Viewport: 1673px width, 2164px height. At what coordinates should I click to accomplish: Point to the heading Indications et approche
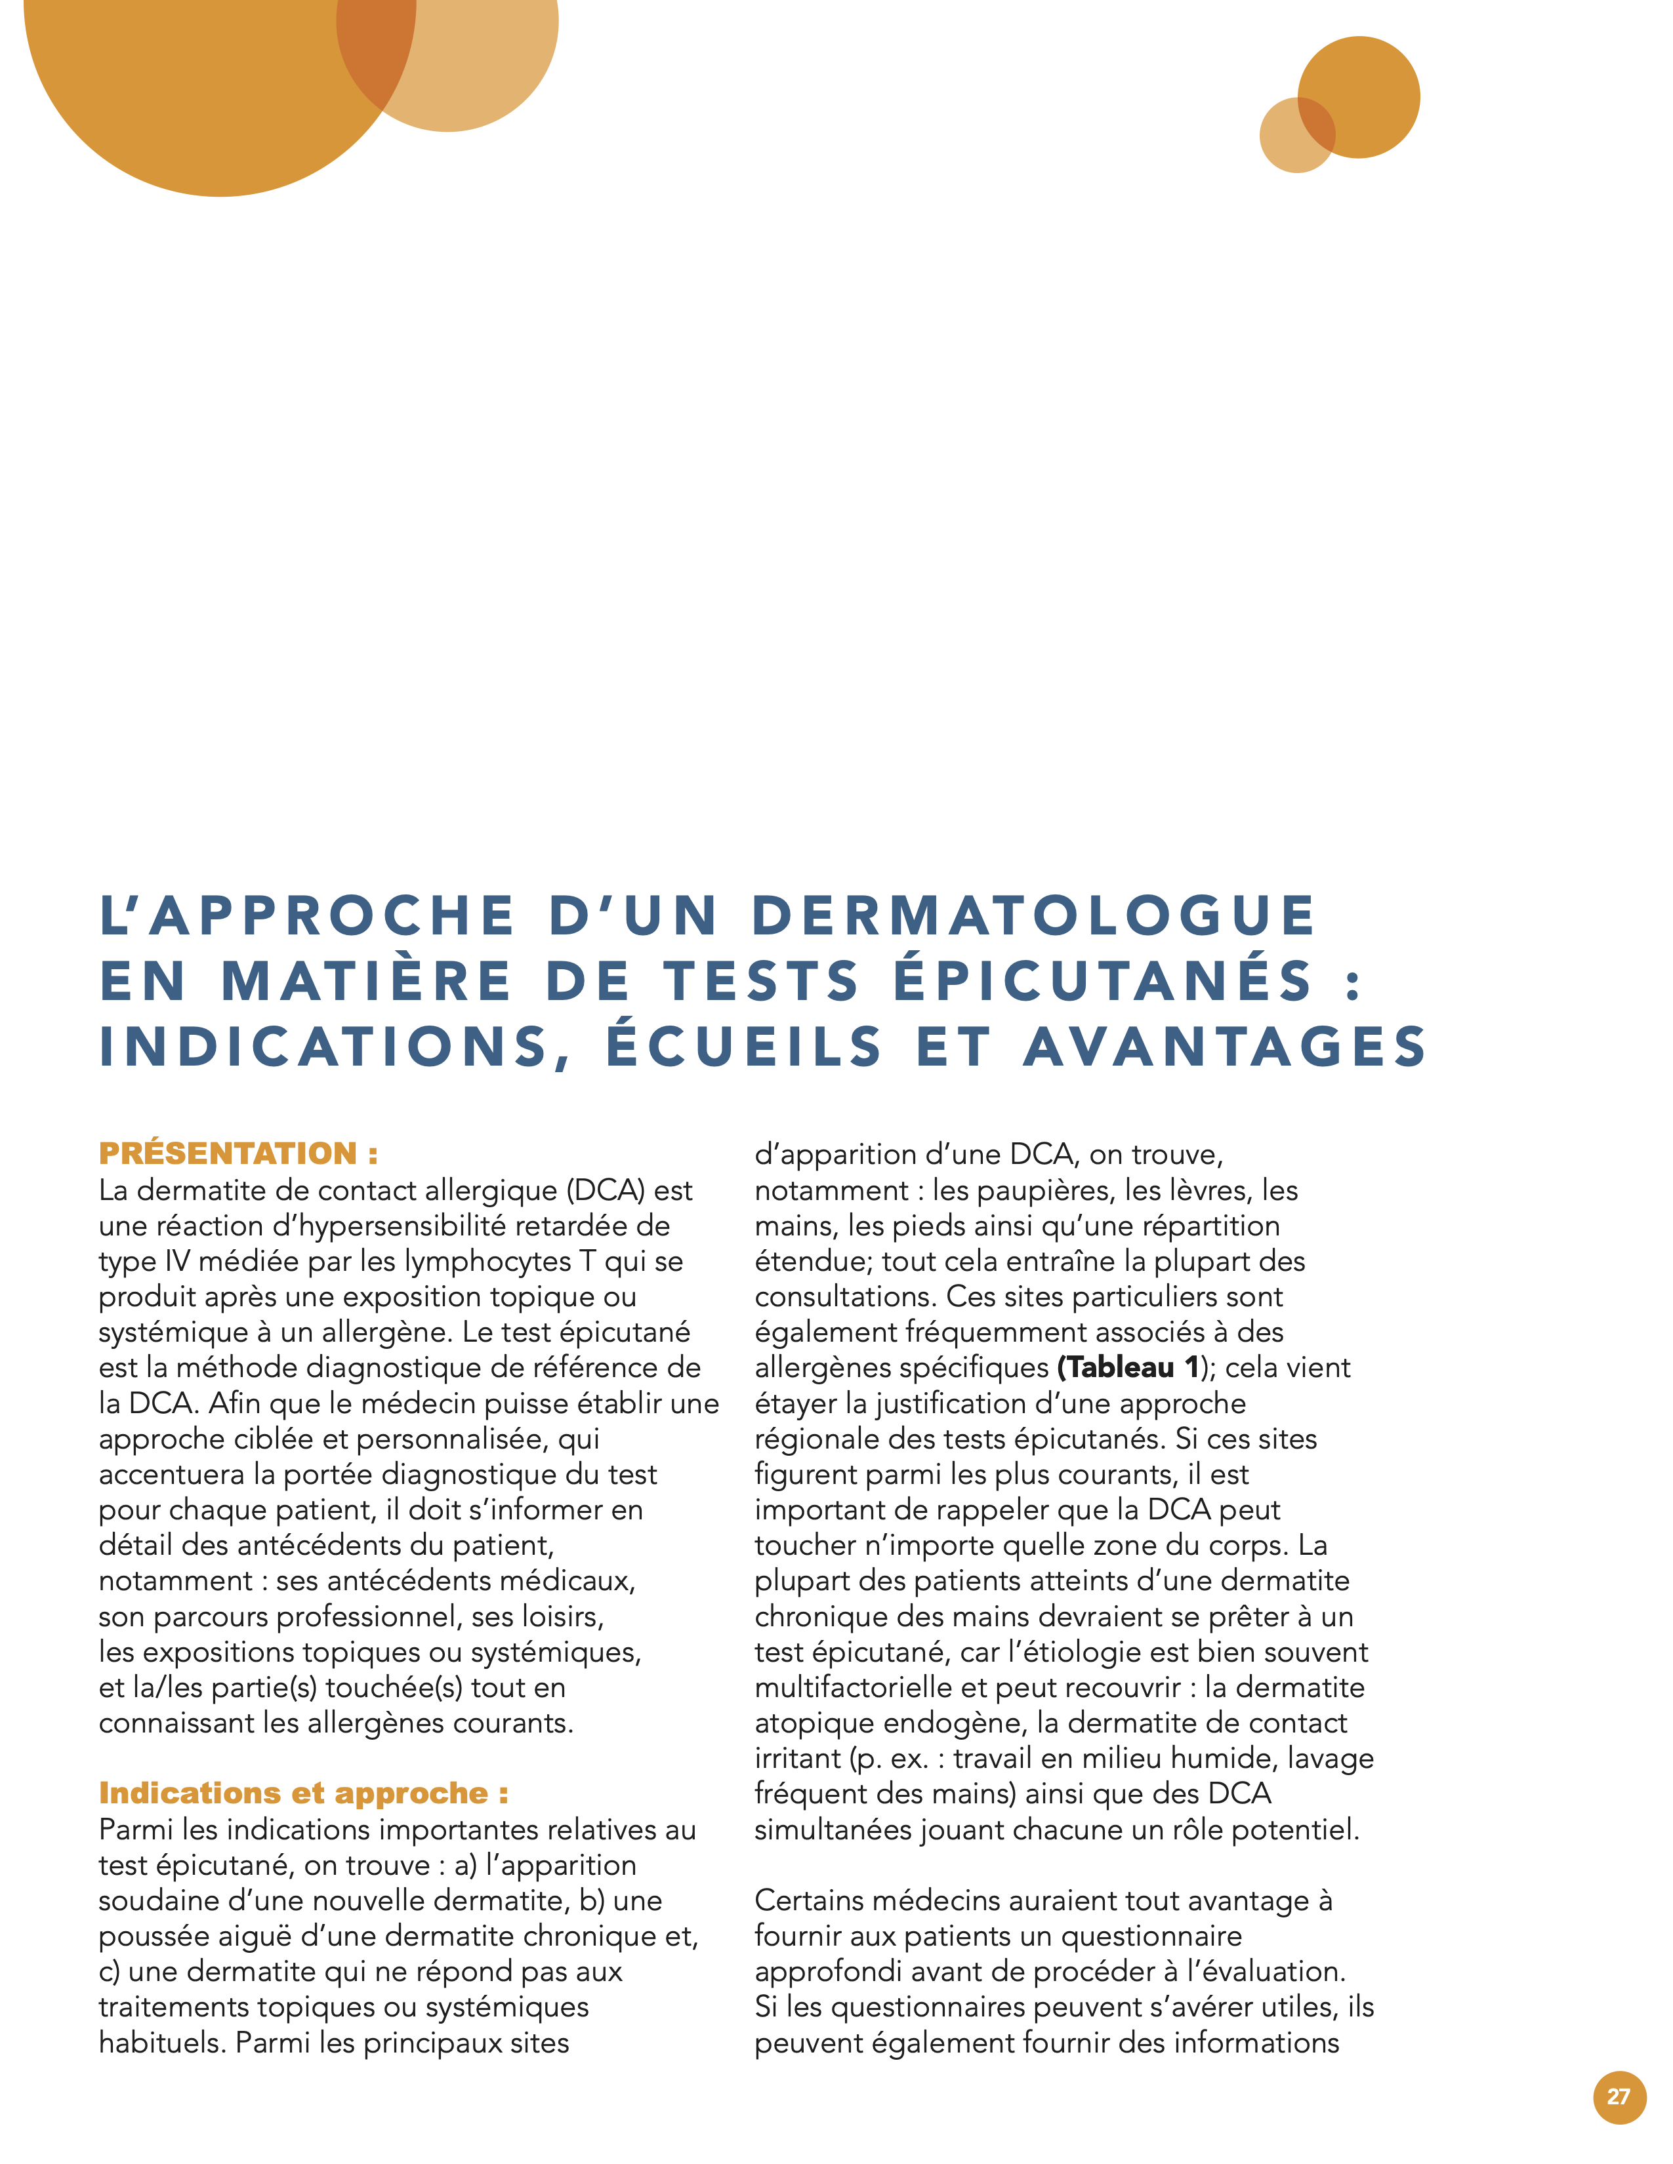click(x=303, y=1793)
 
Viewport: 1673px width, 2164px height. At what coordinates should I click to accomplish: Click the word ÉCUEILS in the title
click(x=743, y=1047)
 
